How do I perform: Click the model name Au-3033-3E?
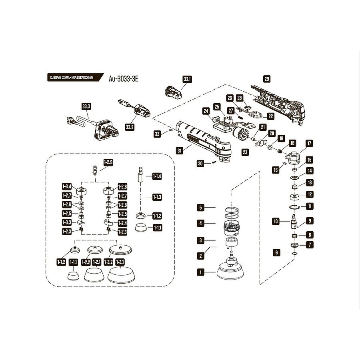point(124,78)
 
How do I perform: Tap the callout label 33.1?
point(187,80)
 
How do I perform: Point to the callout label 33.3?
point(86,107)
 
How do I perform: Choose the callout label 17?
point(309,143)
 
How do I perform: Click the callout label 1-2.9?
point(108,162)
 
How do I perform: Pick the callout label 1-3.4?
point(67,186)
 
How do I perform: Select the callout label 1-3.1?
point(120,262)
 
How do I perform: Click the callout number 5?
point(201,208)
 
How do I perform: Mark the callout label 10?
point(275,221)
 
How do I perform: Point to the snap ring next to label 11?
point(295,206)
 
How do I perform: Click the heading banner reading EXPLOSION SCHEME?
point(70,77)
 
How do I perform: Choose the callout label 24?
point(206,111)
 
